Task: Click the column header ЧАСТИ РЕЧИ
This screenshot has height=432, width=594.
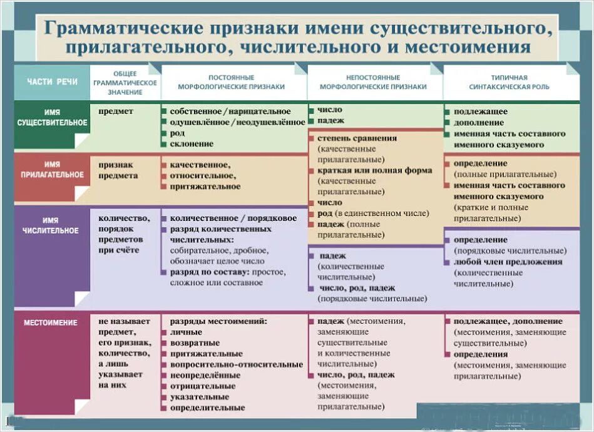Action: pyautogui.click(x=53, y=81)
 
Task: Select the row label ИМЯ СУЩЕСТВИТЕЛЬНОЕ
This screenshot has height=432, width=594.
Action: pyautogui.click(x=52, y=117)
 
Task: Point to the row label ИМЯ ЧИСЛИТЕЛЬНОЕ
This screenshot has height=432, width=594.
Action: pyautogui.click(x=52, y=225)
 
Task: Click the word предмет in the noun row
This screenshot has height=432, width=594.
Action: pyautogui.click(x=116, y=111)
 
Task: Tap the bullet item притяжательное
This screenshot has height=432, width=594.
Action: pyautogui.click(x=205, y=187)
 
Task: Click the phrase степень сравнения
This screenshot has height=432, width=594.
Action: pyautogui.click(x=357, y=138)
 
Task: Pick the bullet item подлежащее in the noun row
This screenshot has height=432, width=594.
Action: pyautogui.click(x=481, y=111)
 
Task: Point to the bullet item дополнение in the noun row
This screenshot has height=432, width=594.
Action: pyautogui.click(x=479, y=123)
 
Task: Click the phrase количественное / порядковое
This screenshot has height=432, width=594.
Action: pyautogui.click(x=233, y=219)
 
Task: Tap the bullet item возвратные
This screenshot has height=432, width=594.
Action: pyautogui.click(x=195, y=343)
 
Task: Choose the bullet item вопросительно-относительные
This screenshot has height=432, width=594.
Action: pyautogui.click(x=236, y=364)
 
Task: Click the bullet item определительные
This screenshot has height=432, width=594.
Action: pyautogui.click(x=207, y=408)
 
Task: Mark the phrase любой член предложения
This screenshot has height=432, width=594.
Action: pyautogui.click(x=508, y=262)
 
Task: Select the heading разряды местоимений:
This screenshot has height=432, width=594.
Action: pyautogui.click(x=218, y=321)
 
